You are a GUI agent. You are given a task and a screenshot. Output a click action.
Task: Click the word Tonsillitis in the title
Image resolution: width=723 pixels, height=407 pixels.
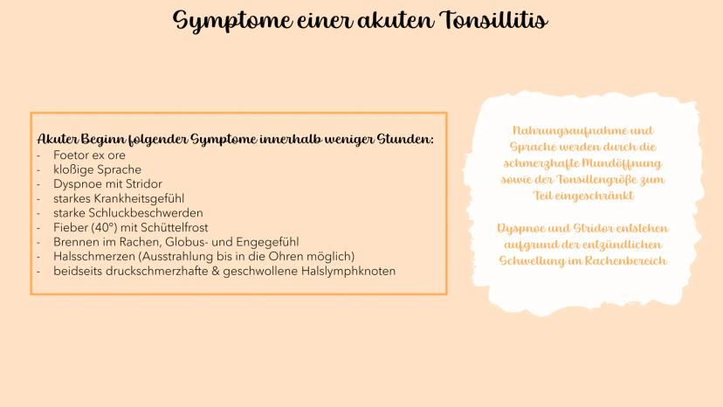(x=494, y=20)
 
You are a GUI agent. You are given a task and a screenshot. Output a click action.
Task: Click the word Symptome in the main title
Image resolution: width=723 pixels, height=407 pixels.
(x=233, y=22)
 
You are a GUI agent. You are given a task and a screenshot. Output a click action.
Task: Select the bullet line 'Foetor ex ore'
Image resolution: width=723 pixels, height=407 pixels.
(x=89, y=155)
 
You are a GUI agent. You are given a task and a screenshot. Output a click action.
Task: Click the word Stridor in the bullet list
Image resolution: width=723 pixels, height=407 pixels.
(x=144, y=184)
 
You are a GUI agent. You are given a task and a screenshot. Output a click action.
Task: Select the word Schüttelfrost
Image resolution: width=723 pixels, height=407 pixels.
(x=175, y=227)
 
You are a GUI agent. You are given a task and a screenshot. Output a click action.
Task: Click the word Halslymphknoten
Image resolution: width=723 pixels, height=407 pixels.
(x=348, y=272)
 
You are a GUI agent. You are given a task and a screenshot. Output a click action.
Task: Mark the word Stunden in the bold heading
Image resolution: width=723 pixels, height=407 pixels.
(x=405, y=139)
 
